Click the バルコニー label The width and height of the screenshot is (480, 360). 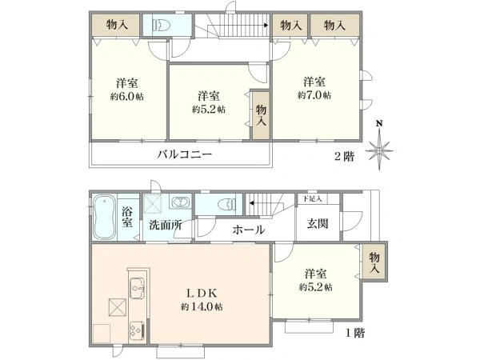[x=184, y=154]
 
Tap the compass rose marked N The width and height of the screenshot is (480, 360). [x=379, y=149]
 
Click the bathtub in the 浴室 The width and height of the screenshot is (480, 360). [x=105, y=216]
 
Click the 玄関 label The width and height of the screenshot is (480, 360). [x=318, y=223]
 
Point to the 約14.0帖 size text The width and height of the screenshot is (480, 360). [x=201, y=306]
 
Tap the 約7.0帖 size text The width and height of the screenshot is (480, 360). [x=314, y=95]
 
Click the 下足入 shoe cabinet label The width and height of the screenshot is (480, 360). [x=311, y=198]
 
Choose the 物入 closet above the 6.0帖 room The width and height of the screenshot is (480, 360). [x=118, y=25]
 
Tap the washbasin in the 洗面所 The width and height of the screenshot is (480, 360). [x=179, y=202]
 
